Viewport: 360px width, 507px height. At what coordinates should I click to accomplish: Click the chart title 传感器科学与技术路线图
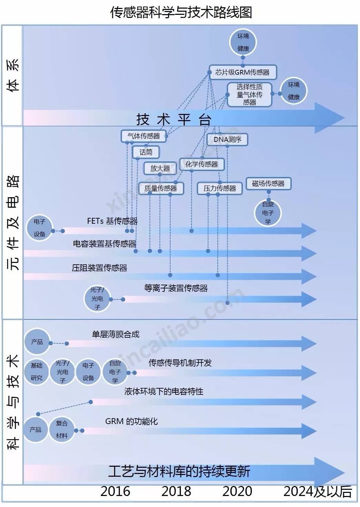click(x=181, y=12)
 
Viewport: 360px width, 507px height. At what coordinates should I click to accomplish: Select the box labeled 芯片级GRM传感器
click(x=243, y=72)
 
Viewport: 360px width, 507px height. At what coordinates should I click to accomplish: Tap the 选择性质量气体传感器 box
click(x=249, y=94)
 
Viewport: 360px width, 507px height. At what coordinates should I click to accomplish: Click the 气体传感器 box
click(x=144, y=136)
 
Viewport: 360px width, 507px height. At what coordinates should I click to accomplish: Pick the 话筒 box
click(x=146, y=152)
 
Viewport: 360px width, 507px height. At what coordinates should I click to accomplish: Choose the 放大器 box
click(x=160, y=168)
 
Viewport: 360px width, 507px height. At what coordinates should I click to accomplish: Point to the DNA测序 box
click(x=227, y=139)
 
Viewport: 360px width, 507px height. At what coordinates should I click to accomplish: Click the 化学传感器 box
click(x=202, y=164)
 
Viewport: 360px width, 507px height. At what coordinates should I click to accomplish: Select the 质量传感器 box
click(x=161, y=188)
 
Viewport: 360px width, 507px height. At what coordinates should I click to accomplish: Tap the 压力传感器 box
click(x=220, y=188)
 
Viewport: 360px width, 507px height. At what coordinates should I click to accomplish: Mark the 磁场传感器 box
click(x=268, y=183)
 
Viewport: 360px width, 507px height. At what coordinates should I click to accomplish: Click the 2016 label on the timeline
click(x=115, y=492)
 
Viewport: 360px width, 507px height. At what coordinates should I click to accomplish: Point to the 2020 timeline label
click(x=237, y=492)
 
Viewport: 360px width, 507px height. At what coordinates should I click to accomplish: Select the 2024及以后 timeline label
click(x=317, y=492)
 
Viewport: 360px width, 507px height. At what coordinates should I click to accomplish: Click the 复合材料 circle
click(x=62, y=430)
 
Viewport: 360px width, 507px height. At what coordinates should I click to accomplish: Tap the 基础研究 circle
click(x=37, y=372)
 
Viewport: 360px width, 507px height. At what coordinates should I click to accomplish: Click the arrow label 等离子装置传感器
click(x=176, y=288)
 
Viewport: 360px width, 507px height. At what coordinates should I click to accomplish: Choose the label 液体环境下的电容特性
click(x=164, y=391)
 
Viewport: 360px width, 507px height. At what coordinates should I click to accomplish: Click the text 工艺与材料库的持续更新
click(x=179, y=472)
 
